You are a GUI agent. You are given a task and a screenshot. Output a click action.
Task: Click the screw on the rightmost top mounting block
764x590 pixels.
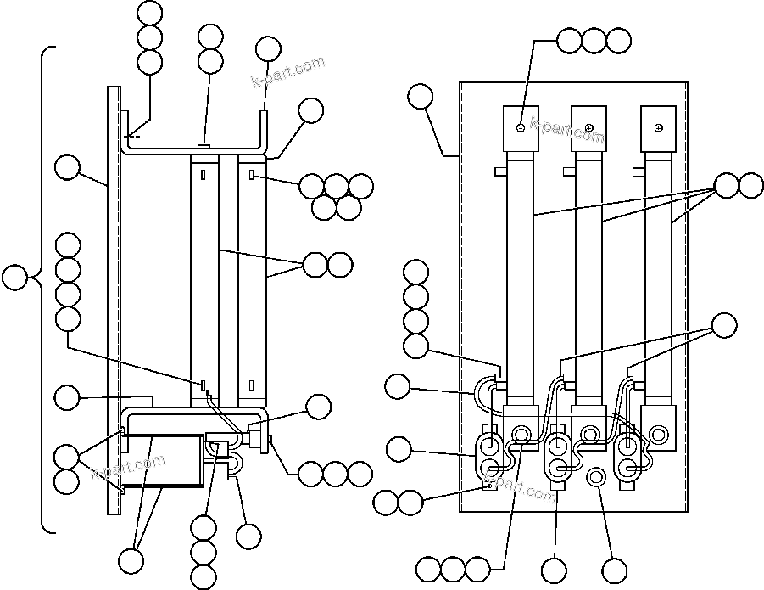(x=657, y=128)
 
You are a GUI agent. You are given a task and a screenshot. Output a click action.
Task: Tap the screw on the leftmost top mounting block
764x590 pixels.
(x=520, y=128)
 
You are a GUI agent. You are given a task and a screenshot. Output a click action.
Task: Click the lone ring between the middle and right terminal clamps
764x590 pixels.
(x=594, y=480)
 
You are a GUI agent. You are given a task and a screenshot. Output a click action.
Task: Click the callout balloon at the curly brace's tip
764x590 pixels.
(x=14, y=278)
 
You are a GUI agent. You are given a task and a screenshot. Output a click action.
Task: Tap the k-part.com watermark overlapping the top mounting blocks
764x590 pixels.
(x=567, y=128)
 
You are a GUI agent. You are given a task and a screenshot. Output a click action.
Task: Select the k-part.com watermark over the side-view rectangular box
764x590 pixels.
(x=128, y=466)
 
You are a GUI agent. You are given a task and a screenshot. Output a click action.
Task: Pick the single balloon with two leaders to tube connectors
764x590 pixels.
(x=723, y=324)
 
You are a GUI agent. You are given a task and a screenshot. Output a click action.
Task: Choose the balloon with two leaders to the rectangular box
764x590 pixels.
(x=131, y=560)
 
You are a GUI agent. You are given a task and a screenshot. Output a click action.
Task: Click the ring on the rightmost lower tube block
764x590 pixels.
(x=659, y=435)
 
